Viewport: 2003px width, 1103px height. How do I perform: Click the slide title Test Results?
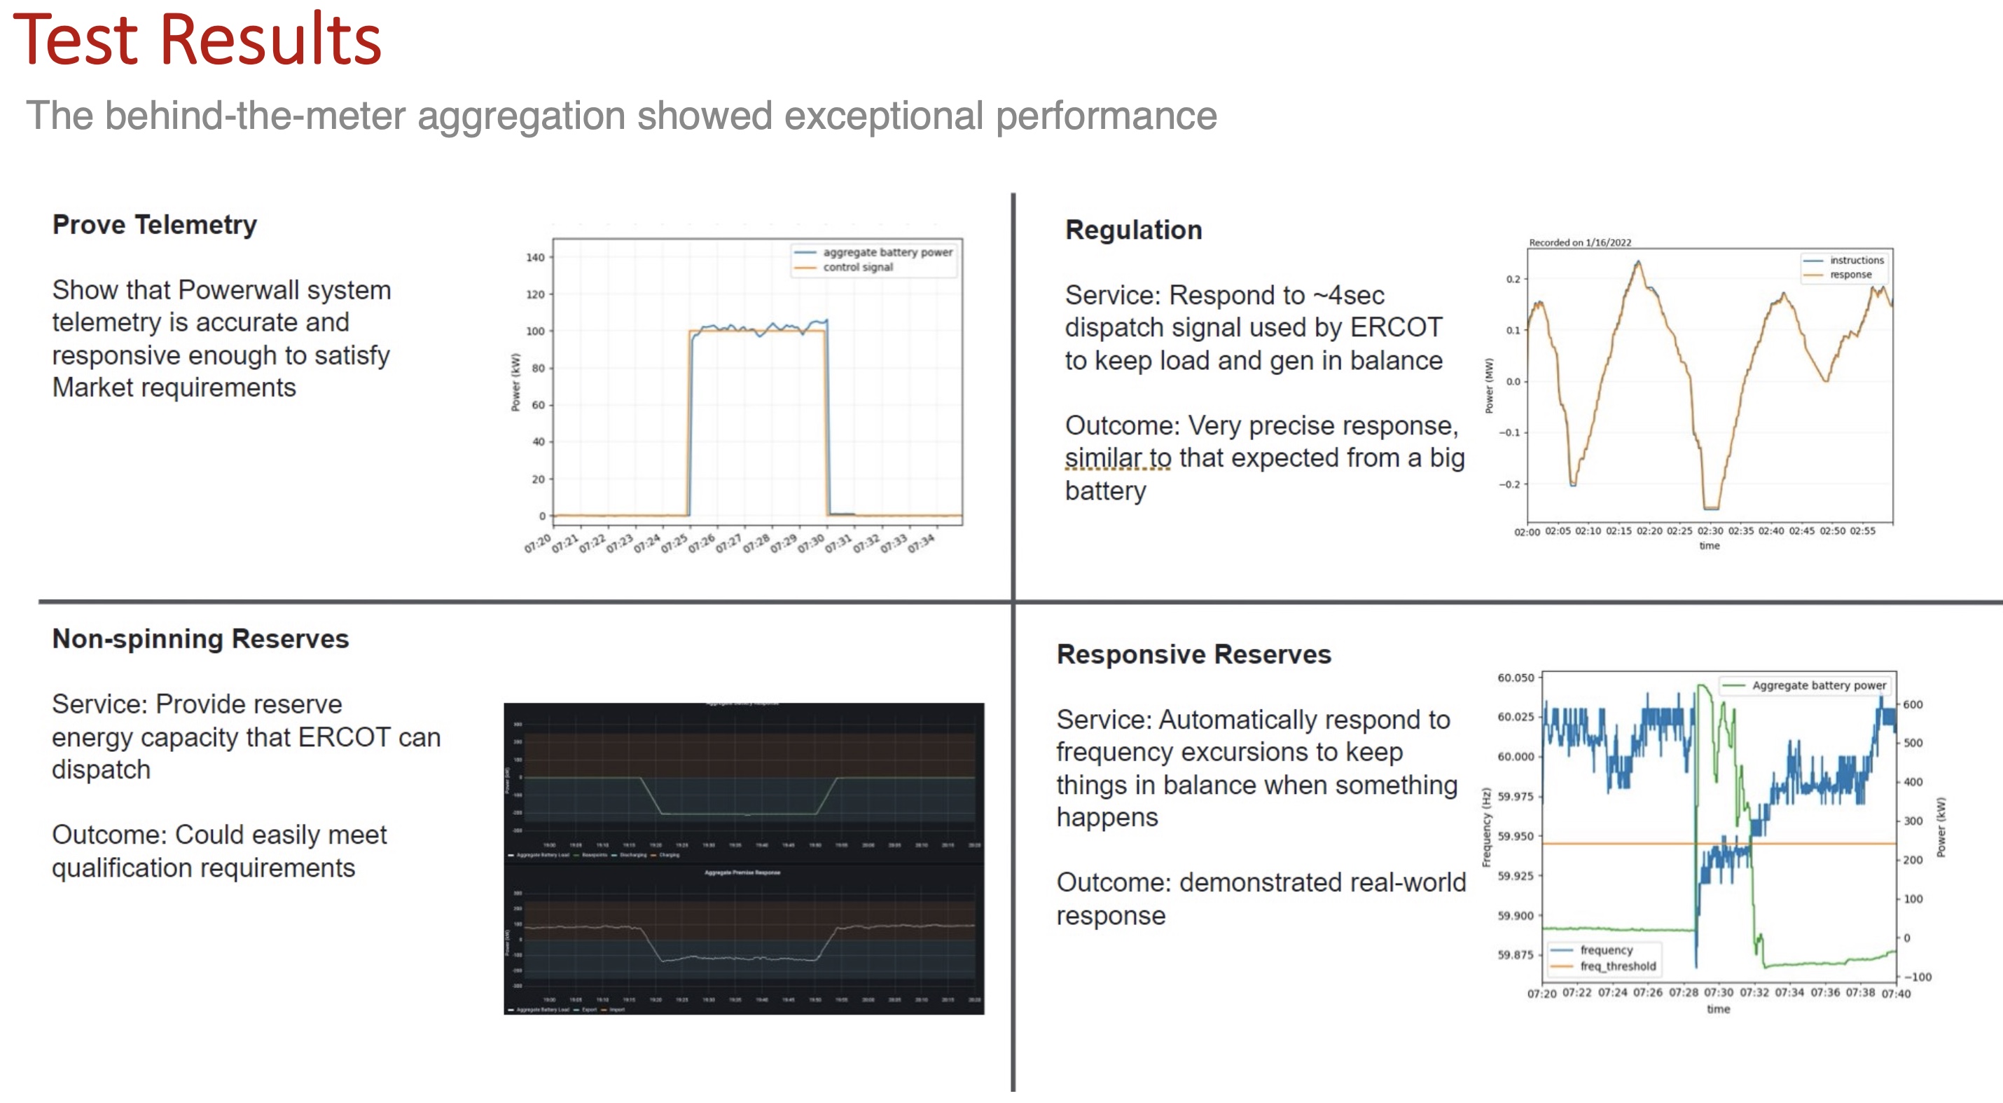[x=197, y=41]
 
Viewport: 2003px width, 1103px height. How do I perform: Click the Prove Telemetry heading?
[x=154, y=225]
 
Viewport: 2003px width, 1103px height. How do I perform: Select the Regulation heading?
[x=1133, y=231]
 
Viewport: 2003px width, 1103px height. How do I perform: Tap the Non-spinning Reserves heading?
[x=200, y=638]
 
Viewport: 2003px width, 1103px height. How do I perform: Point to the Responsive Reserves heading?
[x=1193, y=655]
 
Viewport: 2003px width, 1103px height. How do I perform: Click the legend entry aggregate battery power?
[x=887, y=252]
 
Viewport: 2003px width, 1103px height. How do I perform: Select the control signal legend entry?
[x=858, y=267]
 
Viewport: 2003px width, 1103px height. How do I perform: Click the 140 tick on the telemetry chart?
[x=535, y=257]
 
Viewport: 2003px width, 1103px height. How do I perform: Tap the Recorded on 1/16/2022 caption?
[x=1579, y=242]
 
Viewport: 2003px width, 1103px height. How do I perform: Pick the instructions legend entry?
[x=1856, y=261]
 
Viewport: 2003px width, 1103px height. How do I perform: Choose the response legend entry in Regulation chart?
[x=1850, y=275]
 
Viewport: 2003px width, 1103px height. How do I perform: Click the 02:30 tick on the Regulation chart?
[x=1709, y=531]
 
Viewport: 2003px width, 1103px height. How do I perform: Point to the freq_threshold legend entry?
[x=1617, y=966]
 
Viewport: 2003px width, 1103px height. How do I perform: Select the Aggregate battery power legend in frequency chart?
[x=1818, y=685]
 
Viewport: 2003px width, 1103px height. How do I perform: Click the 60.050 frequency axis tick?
[x=1516, y=678]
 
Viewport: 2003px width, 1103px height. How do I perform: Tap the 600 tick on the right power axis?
[x=1912, y=705]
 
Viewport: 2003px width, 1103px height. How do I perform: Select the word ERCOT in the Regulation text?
[x=1396, y=327]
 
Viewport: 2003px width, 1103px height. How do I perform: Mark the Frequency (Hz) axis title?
[x=1486, y=827]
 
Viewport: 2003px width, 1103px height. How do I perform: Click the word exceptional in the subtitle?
[x=883, y=116]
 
